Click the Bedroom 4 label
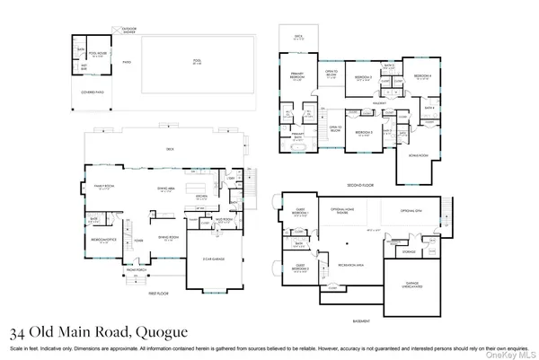coord(421,77)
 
